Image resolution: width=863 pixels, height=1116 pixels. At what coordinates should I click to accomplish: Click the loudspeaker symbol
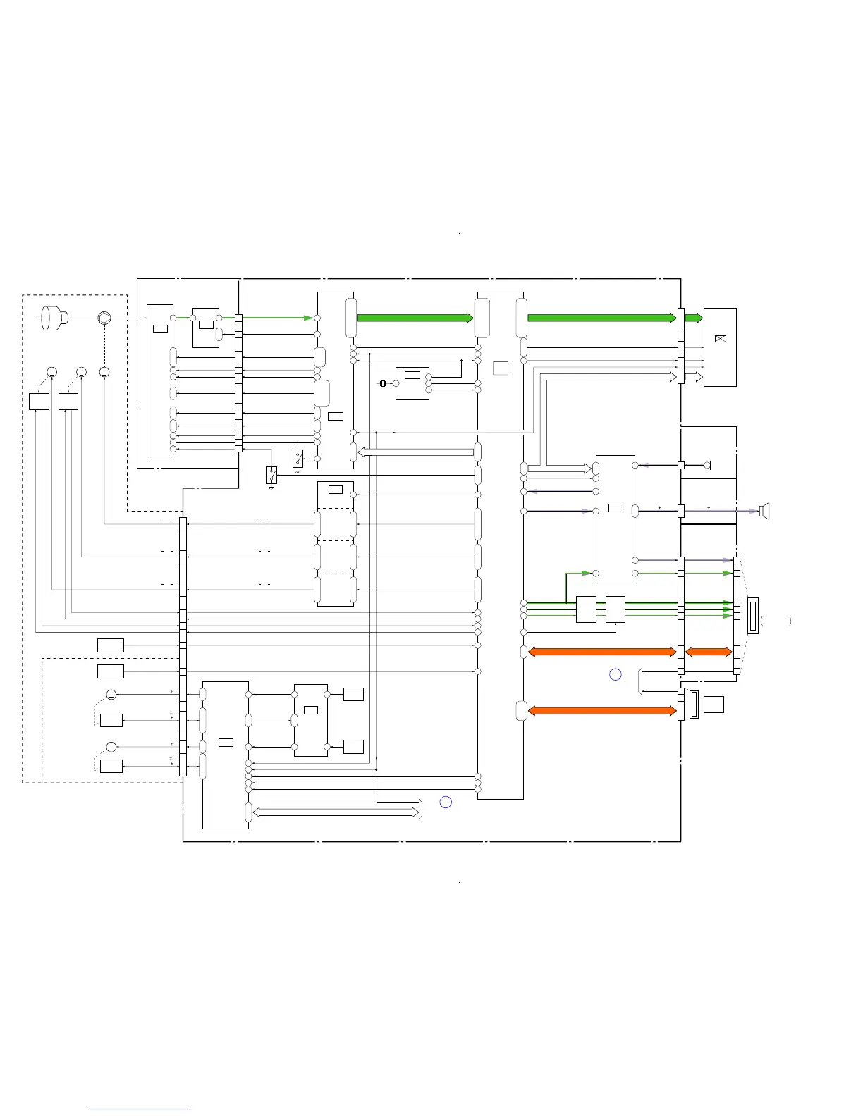[x=764, y=511]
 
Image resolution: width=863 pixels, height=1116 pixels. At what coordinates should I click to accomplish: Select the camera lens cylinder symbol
[x=54, y=318]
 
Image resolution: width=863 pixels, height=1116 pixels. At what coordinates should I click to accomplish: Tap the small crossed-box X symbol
[x=720, y=339]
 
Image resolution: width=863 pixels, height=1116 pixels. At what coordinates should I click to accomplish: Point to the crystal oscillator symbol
[x=383, y=384]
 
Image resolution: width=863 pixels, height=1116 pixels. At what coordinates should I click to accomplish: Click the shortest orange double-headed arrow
[x=709, y=652]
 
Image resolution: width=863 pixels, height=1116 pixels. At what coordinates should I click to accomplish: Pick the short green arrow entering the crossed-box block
[x=694, y=318]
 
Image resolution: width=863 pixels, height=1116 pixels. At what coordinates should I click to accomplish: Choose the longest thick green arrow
[x=601, y=318]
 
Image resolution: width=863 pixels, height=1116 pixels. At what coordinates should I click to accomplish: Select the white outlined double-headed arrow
[x=336, y=813]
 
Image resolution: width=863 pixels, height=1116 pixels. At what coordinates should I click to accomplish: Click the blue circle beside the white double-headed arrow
[x=446, y=802]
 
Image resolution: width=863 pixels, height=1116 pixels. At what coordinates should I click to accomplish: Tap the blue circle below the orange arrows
[x=615, y=674]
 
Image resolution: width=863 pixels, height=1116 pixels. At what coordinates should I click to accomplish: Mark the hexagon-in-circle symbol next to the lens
[x=104, y=318]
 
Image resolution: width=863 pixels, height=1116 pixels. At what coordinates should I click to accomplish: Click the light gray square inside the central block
[x=501, y=368]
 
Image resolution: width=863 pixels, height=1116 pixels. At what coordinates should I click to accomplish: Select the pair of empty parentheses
[x=776, y=621]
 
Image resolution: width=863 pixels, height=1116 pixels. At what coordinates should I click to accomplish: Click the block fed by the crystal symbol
[x=412, y=383]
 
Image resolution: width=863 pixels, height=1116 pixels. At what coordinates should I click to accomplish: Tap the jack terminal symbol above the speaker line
[x=708, y=465]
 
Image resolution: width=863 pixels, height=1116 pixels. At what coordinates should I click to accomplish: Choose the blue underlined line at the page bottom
[x=140, y=1110]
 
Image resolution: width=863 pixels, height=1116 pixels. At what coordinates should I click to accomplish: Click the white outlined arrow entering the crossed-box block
[x=694, y=378]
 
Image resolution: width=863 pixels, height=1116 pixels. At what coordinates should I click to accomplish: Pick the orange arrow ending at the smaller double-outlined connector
[x=601, y=711]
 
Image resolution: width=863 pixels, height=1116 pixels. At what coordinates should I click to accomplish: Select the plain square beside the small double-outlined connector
[x=714, y=704]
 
